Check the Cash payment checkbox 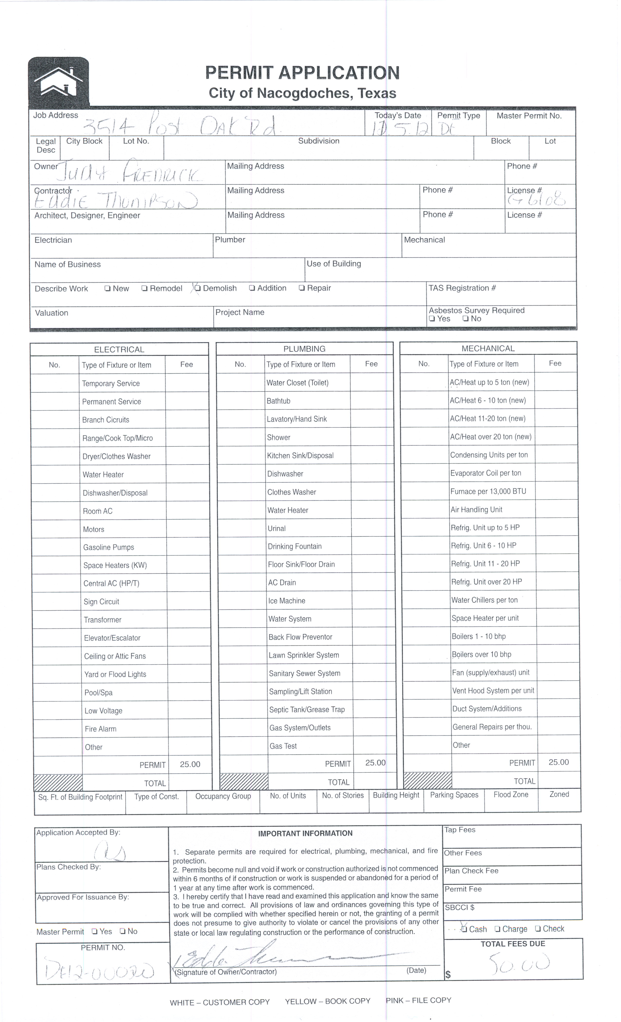pyautogui.click(x=464, y=929)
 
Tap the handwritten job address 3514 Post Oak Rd pyautogui.click(x=179, y=124)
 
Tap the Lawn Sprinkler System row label pyautogui.click(x=303, y=655)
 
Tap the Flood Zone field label pyautogui.click(x=511, y=794)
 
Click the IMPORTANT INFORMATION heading pyautogui.click(x=305, y=833)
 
